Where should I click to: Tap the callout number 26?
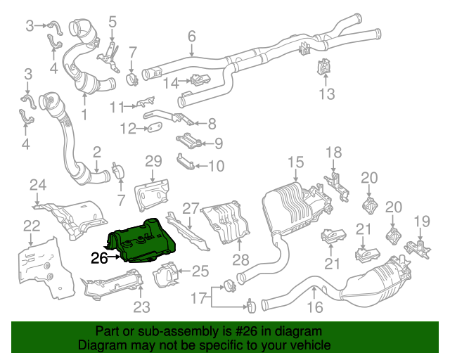[x=98, y=258]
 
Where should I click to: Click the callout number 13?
[x=327, y=94]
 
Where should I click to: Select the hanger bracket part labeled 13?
[x=326, y=68]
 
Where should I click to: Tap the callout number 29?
[x=153, y=162]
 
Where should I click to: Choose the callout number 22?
[x=32, y=225]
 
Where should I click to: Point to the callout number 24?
[x=37, y=186]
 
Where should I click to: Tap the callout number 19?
[x=420, y=222]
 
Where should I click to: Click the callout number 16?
[x=314, y=307]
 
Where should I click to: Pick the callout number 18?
[x=333, y=152]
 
